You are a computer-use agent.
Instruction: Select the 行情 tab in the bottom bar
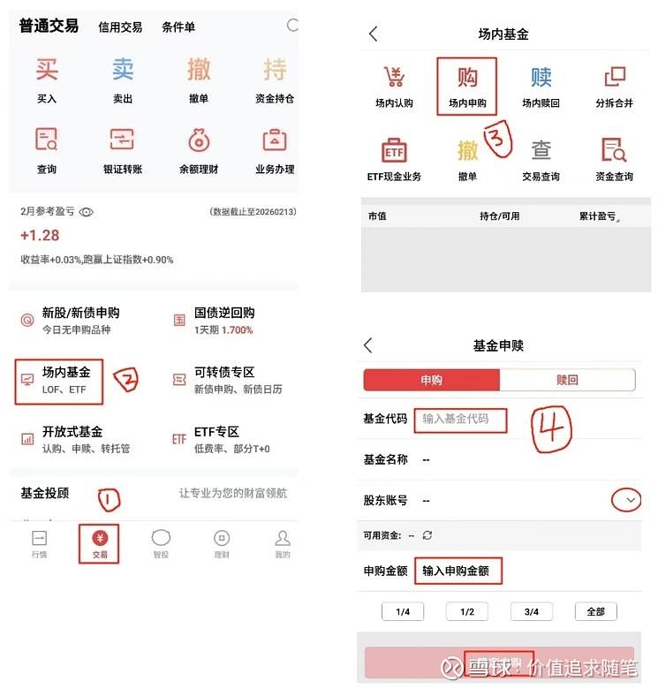point(39,542)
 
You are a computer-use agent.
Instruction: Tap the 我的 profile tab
point(282,542)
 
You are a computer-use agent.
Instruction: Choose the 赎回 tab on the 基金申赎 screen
point(567,380)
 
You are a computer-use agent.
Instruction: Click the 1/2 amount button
point(467,611)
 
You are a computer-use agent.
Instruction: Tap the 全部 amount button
point(595,611)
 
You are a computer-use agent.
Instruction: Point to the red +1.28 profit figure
point(40,235)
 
